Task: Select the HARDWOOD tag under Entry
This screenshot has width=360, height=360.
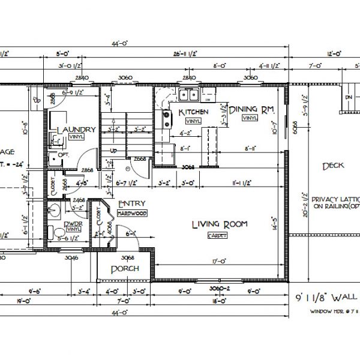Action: click(x=132, y=213)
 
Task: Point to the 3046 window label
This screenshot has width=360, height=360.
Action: click(x=71, y=258)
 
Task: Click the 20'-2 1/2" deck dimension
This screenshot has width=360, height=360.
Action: click(x=307, y=204)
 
